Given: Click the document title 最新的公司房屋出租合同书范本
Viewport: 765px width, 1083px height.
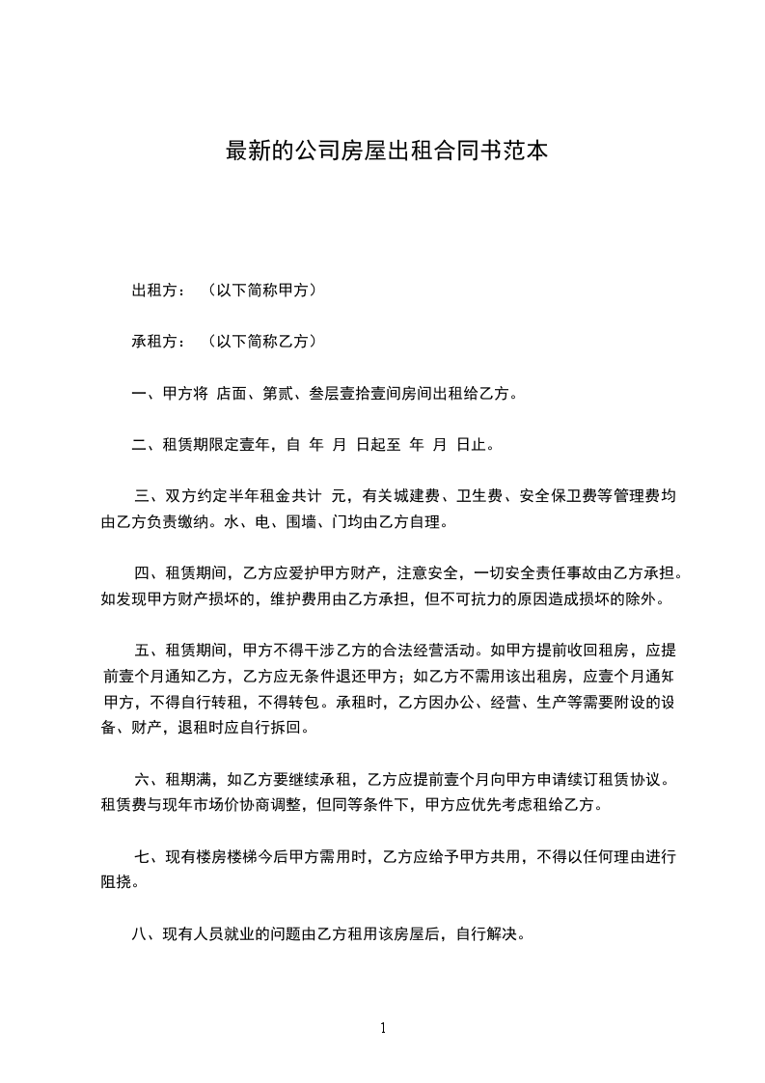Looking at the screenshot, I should click(x=386, y=151).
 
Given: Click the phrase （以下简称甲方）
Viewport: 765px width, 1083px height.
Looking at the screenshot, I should click(x=261, y=290).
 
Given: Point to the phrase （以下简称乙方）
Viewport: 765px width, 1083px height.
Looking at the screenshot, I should click(x=261, y=341).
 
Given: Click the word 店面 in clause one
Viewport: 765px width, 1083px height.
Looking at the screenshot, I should click(x=232, y=393).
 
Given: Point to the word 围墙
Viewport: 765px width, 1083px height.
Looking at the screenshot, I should click(x=285, y=522).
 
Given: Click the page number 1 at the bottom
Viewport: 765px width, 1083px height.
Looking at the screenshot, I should click(x=383, y=1028).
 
